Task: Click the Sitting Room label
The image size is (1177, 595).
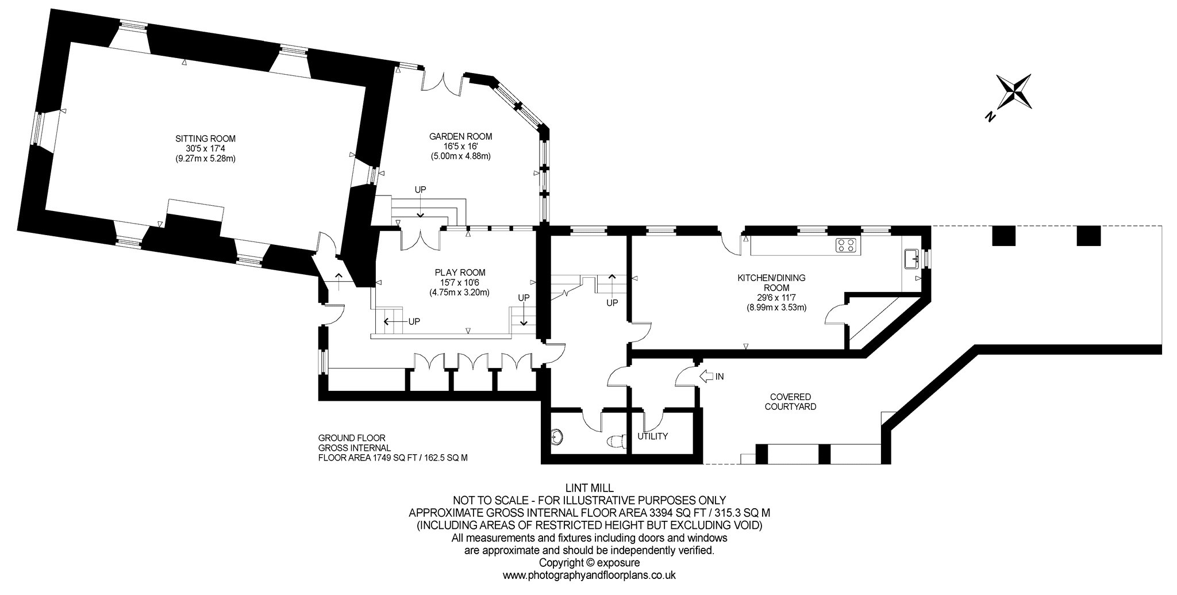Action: pos(206,139)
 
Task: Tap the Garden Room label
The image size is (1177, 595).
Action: pos(461,136)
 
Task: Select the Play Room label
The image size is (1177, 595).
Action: pos(460,272)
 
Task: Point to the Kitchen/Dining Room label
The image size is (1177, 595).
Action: pos(772,282)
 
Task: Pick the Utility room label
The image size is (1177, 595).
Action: pos(653,436)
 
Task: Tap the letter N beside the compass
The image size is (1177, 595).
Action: pos(990,117)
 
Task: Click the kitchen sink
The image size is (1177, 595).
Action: pos(911,259)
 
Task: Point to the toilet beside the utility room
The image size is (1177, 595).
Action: pos(617,441)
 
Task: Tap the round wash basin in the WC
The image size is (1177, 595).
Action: pos(556,437)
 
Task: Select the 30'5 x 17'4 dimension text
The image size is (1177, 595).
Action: pos(206,148)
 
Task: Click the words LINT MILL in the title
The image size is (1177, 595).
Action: pos(586,489)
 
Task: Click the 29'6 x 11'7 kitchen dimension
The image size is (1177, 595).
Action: pos(772,298)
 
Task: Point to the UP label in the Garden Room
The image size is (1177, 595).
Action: pos(421,189)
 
